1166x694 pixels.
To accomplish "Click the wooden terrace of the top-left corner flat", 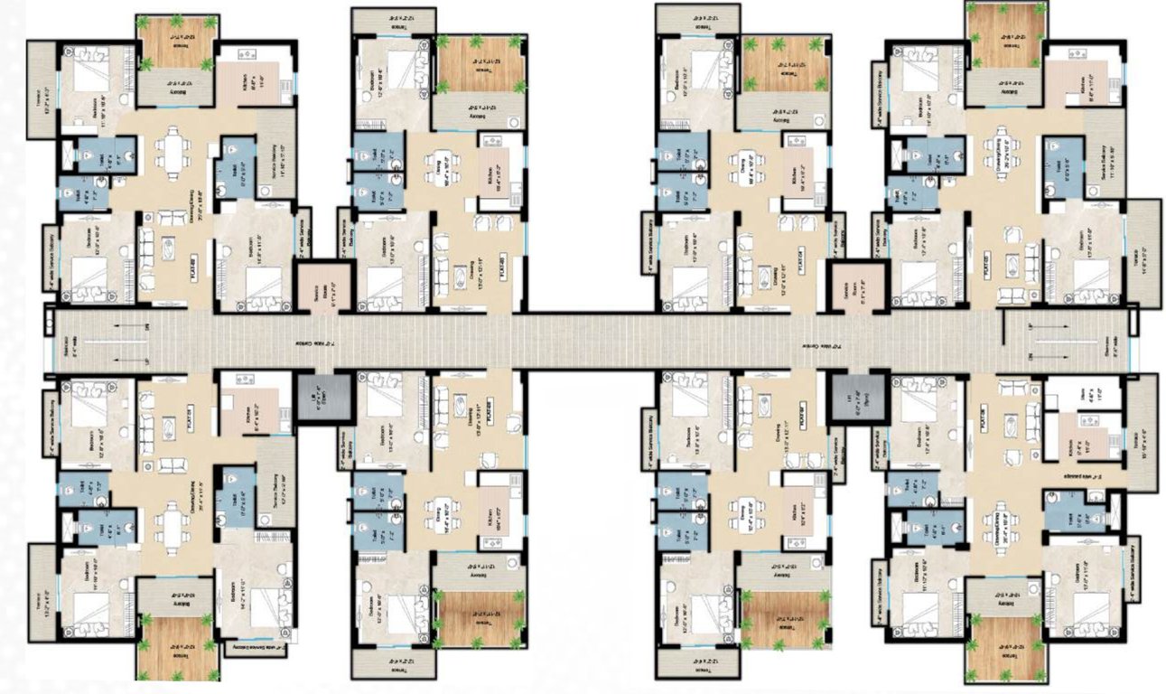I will pyautogui.click(x=175, y=42).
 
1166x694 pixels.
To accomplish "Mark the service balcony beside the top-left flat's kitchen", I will pyautogui.click(x=276, y=154).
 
